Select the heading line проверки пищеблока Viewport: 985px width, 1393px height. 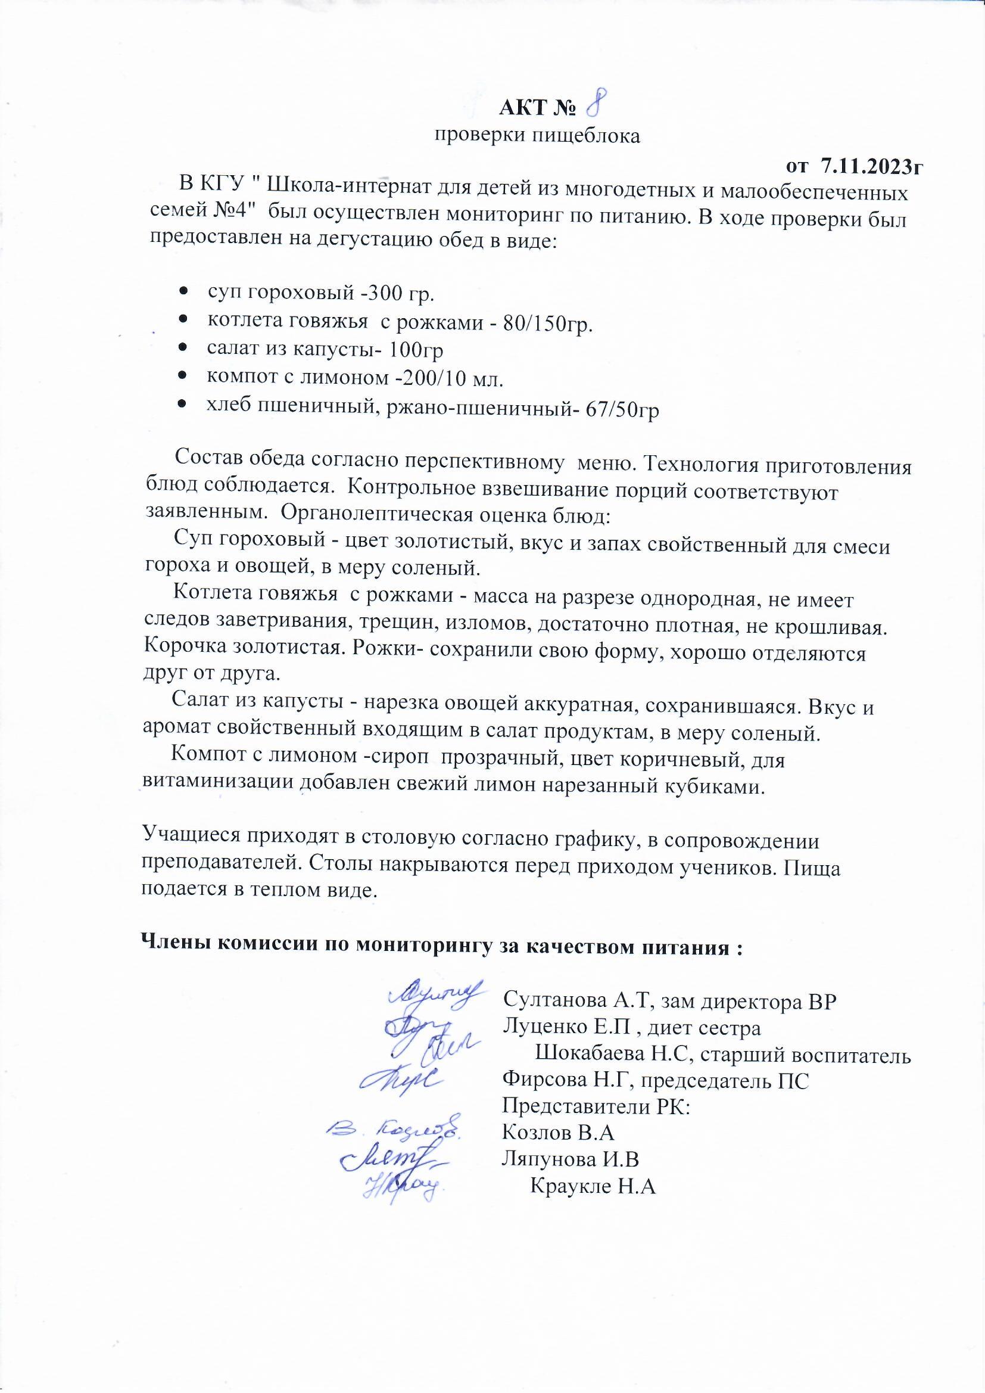(x=537, y=136)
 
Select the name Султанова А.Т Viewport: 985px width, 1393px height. (x=576, y=1000)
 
